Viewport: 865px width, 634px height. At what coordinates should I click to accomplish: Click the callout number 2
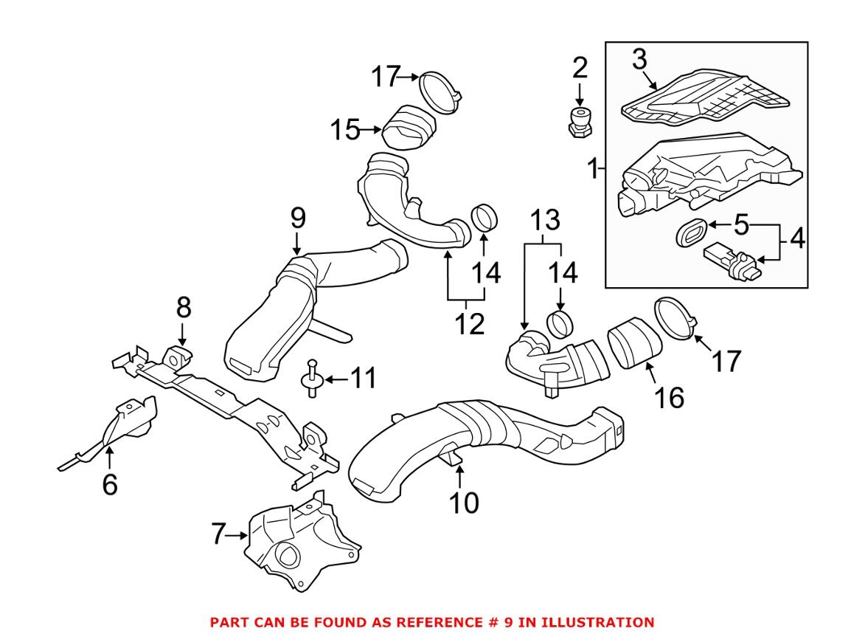[580, 68]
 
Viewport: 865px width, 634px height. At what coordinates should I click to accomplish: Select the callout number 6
[109, 485]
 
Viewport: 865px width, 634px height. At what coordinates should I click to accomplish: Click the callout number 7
[218, 534]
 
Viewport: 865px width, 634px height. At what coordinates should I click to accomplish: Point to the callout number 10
[465, 503]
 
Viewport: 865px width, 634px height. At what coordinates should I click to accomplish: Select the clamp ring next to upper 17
[441, 93]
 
